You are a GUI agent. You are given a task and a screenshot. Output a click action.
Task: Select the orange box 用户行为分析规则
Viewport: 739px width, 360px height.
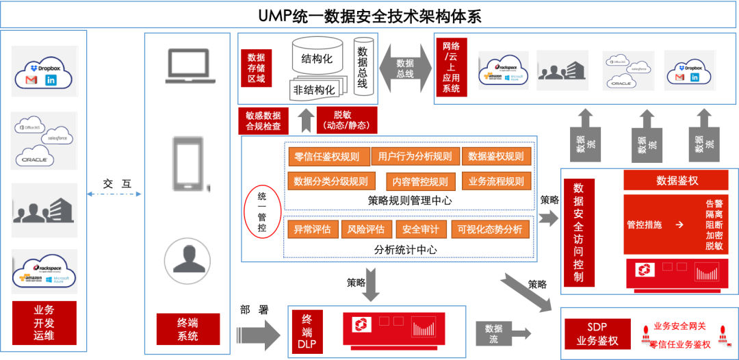(x=415, y=157)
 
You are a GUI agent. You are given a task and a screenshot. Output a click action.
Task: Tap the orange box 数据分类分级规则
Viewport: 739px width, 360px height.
(x=330, y=181)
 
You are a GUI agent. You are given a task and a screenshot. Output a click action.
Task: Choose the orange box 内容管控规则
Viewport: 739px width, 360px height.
(x=420, y=181)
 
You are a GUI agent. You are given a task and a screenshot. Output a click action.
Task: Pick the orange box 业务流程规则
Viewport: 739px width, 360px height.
(x=496, y=181)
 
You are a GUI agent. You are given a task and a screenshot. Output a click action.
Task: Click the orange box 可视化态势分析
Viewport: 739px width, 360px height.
(x=490, y=229)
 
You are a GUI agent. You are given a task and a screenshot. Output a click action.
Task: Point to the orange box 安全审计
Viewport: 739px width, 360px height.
(x=421, y=229)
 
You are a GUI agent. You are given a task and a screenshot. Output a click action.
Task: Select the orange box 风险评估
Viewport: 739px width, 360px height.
(x=366, y=229)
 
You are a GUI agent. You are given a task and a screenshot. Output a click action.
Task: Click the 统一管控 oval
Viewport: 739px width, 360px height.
(x=262, y=212)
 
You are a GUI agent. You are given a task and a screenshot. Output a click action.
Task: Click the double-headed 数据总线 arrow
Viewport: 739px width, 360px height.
(x=405, y=68)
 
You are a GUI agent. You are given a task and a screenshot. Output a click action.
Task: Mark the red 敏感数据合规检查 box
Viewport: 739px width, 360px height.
(x=263, y=120)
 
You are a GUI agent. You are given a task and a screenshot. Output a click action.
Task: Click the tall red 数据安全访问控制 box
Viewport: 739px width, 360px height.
(x=579, y=233)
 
